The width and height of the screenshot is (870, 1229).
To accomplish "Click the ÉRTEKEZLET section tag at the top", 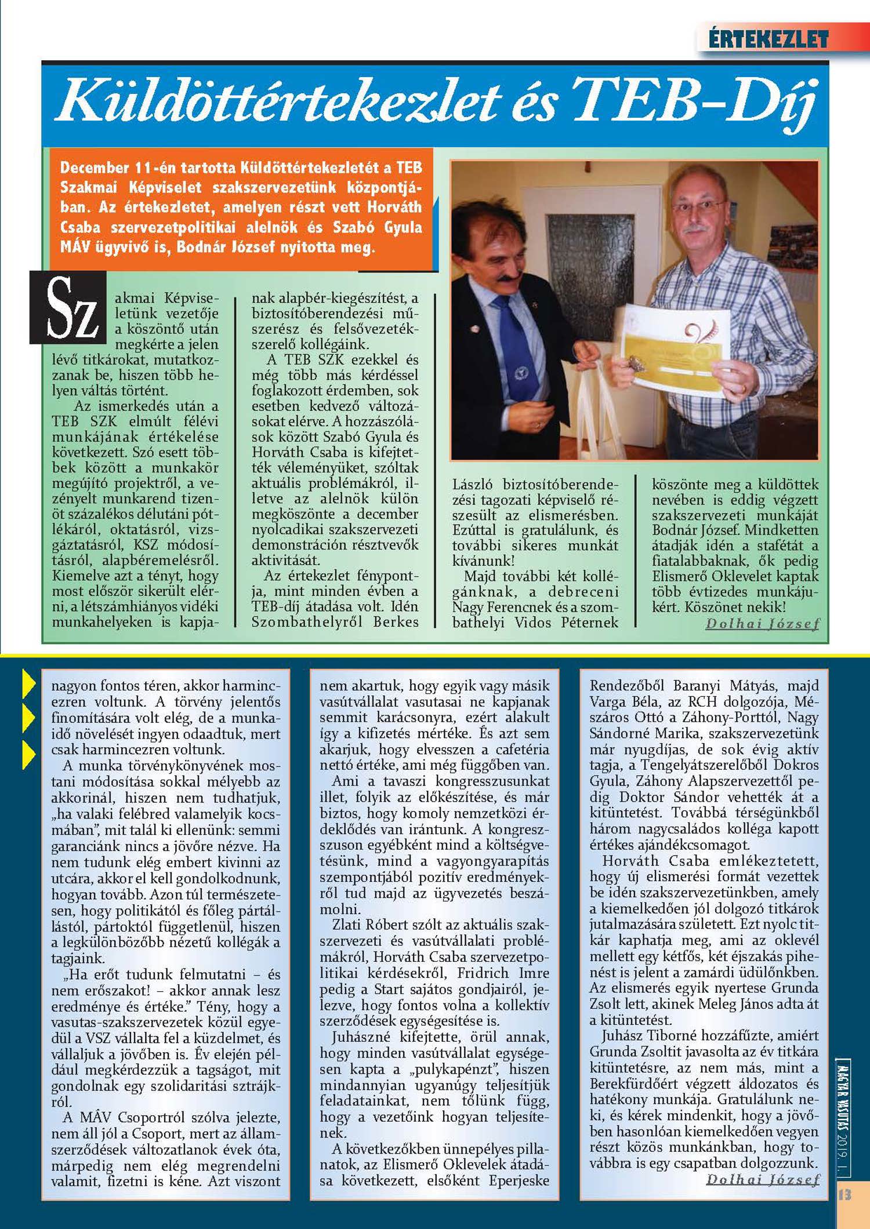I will click(768, 39).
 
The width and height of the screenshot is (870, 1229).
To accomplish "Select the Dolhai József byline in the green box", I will click(762, 624).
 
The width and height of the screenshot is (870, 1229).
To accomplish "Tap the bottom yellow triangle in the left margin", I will click(29, 754).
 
